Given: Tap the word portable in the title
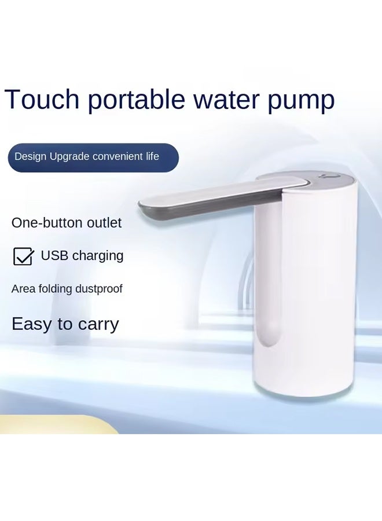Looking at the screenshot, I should coord(137,101).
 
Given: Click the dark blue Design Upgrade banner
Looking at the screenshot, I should coord(93,157).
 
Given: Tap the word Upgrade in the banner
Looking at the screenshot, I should coord(69,157).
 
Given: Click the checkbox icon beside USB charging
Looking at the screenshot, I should coord(23,256).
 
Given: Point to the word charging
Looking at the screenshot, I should coord(97,256).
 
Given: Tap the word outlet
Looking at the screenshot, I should coord(104,223).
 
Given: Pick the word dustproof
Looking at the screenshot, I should coord(99,288).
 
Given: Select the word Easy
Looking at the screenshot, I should coord(31,324).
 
